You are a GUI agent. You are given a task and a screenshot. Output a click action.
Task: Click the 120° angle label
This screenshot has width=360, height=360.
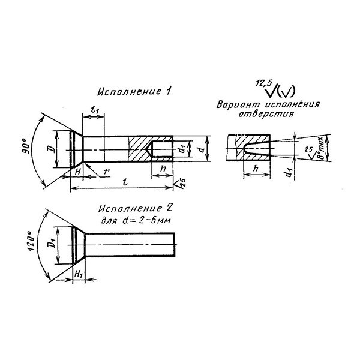click(x=31, y=241)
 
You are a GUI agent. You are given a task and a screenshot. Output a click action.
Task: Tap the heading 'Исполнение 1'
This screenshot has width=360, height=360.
click(x=134, y=91)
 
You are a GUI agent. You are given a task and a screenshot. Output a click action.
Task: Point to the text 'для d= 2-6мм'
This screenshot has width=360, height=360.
click(x=136, y=220)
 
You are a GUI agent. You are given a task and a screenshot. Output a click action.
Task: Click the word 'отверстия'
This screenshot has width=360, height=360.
click(x=266, y=114)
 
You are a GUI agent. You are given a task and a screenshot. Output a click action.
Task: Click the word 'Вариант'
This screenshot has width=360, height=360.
click(x=238, y=104)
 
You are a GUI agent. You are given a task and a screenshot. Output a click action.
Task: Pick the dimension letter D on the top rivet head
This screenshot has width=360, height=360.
click(x=52, y=149)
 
